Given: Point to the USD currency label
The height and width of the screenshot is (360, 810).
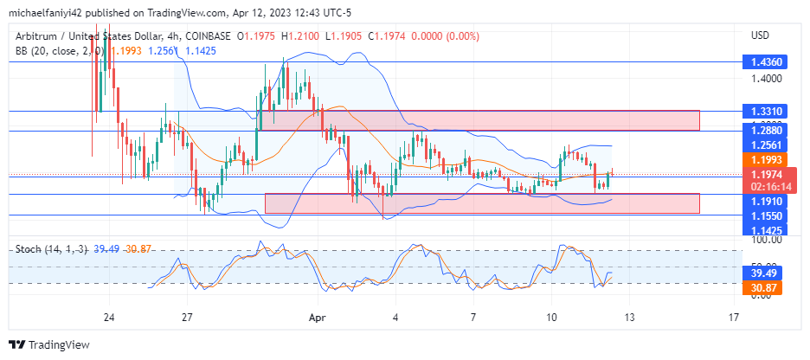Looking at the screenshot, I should (x=761, y=35).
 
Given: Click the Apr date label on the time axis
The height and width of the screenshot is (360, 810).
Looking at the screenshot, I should (x=316, y=318).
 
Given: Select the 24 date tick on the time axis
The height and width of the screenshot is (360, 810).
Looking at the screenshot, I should (x=109, y=318).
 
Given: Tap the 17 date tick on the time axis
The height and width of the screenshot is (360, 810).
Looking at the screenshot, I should (x=734, y=318).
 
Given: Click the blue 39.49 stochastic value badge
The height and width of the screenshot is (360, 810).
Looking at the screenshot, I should (x=763, y=273).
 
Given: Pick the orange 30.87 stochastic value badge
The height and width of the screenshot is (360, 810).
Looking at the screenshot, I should (x=763, y=287).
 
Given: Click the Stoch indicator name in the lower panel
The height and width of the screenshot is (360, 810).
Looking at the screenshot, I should (x=29, y=249).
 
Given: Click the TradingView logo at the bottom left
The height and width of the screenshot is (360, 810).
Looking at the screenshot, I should (x=49, y=344).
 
